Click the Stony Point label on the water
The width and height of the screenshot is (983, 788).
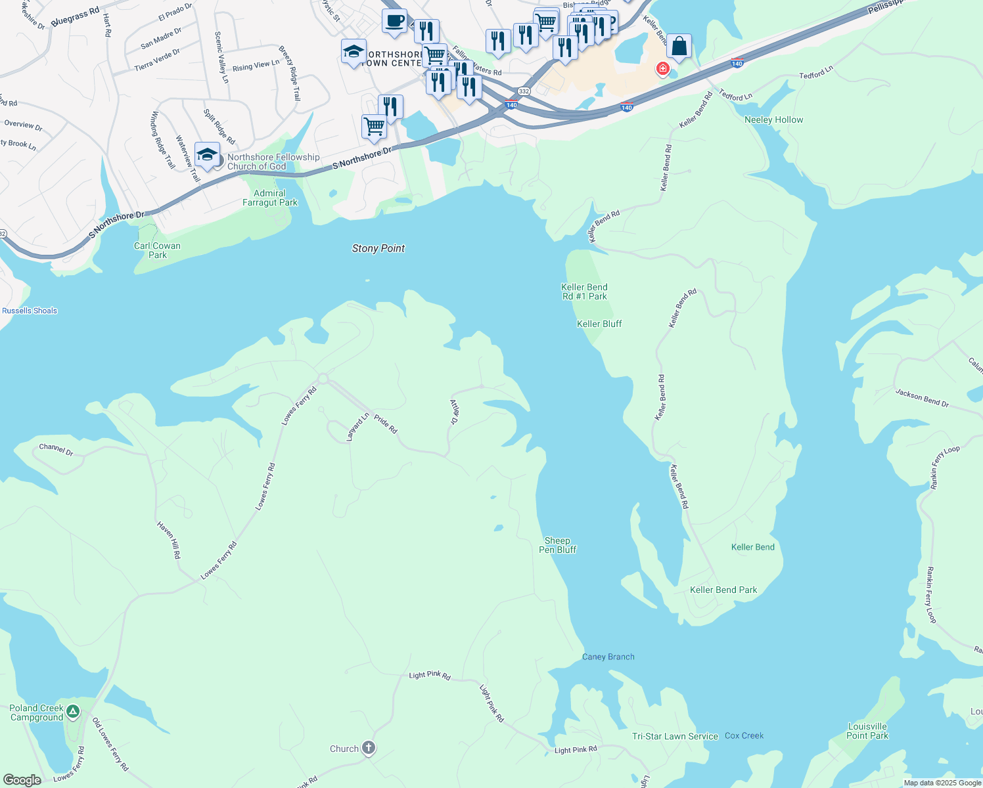pos(378,248)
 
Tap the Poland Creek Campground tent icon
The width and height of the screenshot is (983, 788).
pos(73,711)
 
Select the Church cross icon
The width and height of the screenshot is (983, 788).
pos(369,748)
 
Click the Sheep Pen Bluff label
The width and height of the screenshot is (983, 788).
pos(557,545)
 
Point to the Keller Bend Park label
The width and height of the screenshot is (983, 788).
pos(723,590)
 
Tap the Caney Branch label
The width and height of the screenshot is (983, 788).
pos(608,657)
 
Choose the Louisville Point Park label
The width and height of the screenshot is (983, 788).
pos(867,731)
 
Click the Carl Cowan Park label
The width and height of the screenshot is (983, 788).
pos(157,250)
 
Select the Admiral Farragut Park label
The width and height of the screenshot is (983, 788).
pos(270,198)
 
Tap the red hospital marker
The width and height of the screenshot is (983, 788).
pos(662,68)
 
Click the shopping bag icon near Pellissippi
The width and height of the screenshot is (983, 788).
pos(679,47)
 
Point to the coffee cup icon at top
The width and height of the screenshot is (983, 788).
pos(394,21)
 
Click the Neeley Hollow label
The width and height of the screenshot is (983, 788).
pos(773,120)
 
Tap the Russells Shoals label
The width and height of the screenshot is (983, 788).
pos(30,311)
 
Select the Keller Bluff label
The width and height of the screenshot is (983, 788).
pos(599,324)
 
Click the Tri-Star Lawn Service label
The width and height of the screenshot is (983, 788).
pos(675,736)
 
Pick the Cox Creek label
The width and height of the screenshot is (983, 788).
pos(744,735)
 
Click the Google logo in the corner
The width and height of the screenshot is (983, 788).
pos(22,779)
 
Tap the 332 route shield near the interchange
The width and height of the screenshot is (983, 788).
pos(524,91)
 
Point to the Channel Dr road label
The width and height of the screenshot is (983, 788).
pos(56,449)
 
